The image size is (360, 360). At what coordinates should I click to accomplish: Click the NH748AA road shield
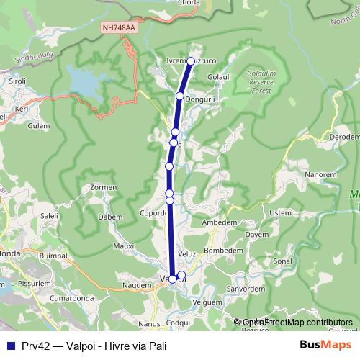pyautogui.click(x=118, y=27)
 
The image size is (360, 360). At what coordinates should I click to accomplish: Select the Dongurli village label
pyautogui.click(x=201, y=99)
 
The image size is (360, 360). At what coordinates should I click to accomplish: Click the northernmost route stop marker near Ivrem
pyautogui.click(x=191, y=61)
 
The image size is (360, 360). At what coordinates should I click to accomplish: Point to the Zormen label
pyautogui.click(x=104, y=187)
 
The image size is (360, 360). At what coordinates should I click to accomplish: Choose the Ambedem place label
pyautogui.click(x=220, y=222)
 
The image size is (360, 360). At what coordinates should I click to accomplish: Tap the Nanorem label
pyautogui.click(x=320, y=174)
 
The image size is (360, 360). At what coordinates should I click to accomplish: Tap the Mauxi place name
pyautogui.click(x=124, y=246)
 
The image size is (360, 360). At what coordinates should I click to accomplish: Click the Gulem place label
pyautogui.click(x=39, y=125)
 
